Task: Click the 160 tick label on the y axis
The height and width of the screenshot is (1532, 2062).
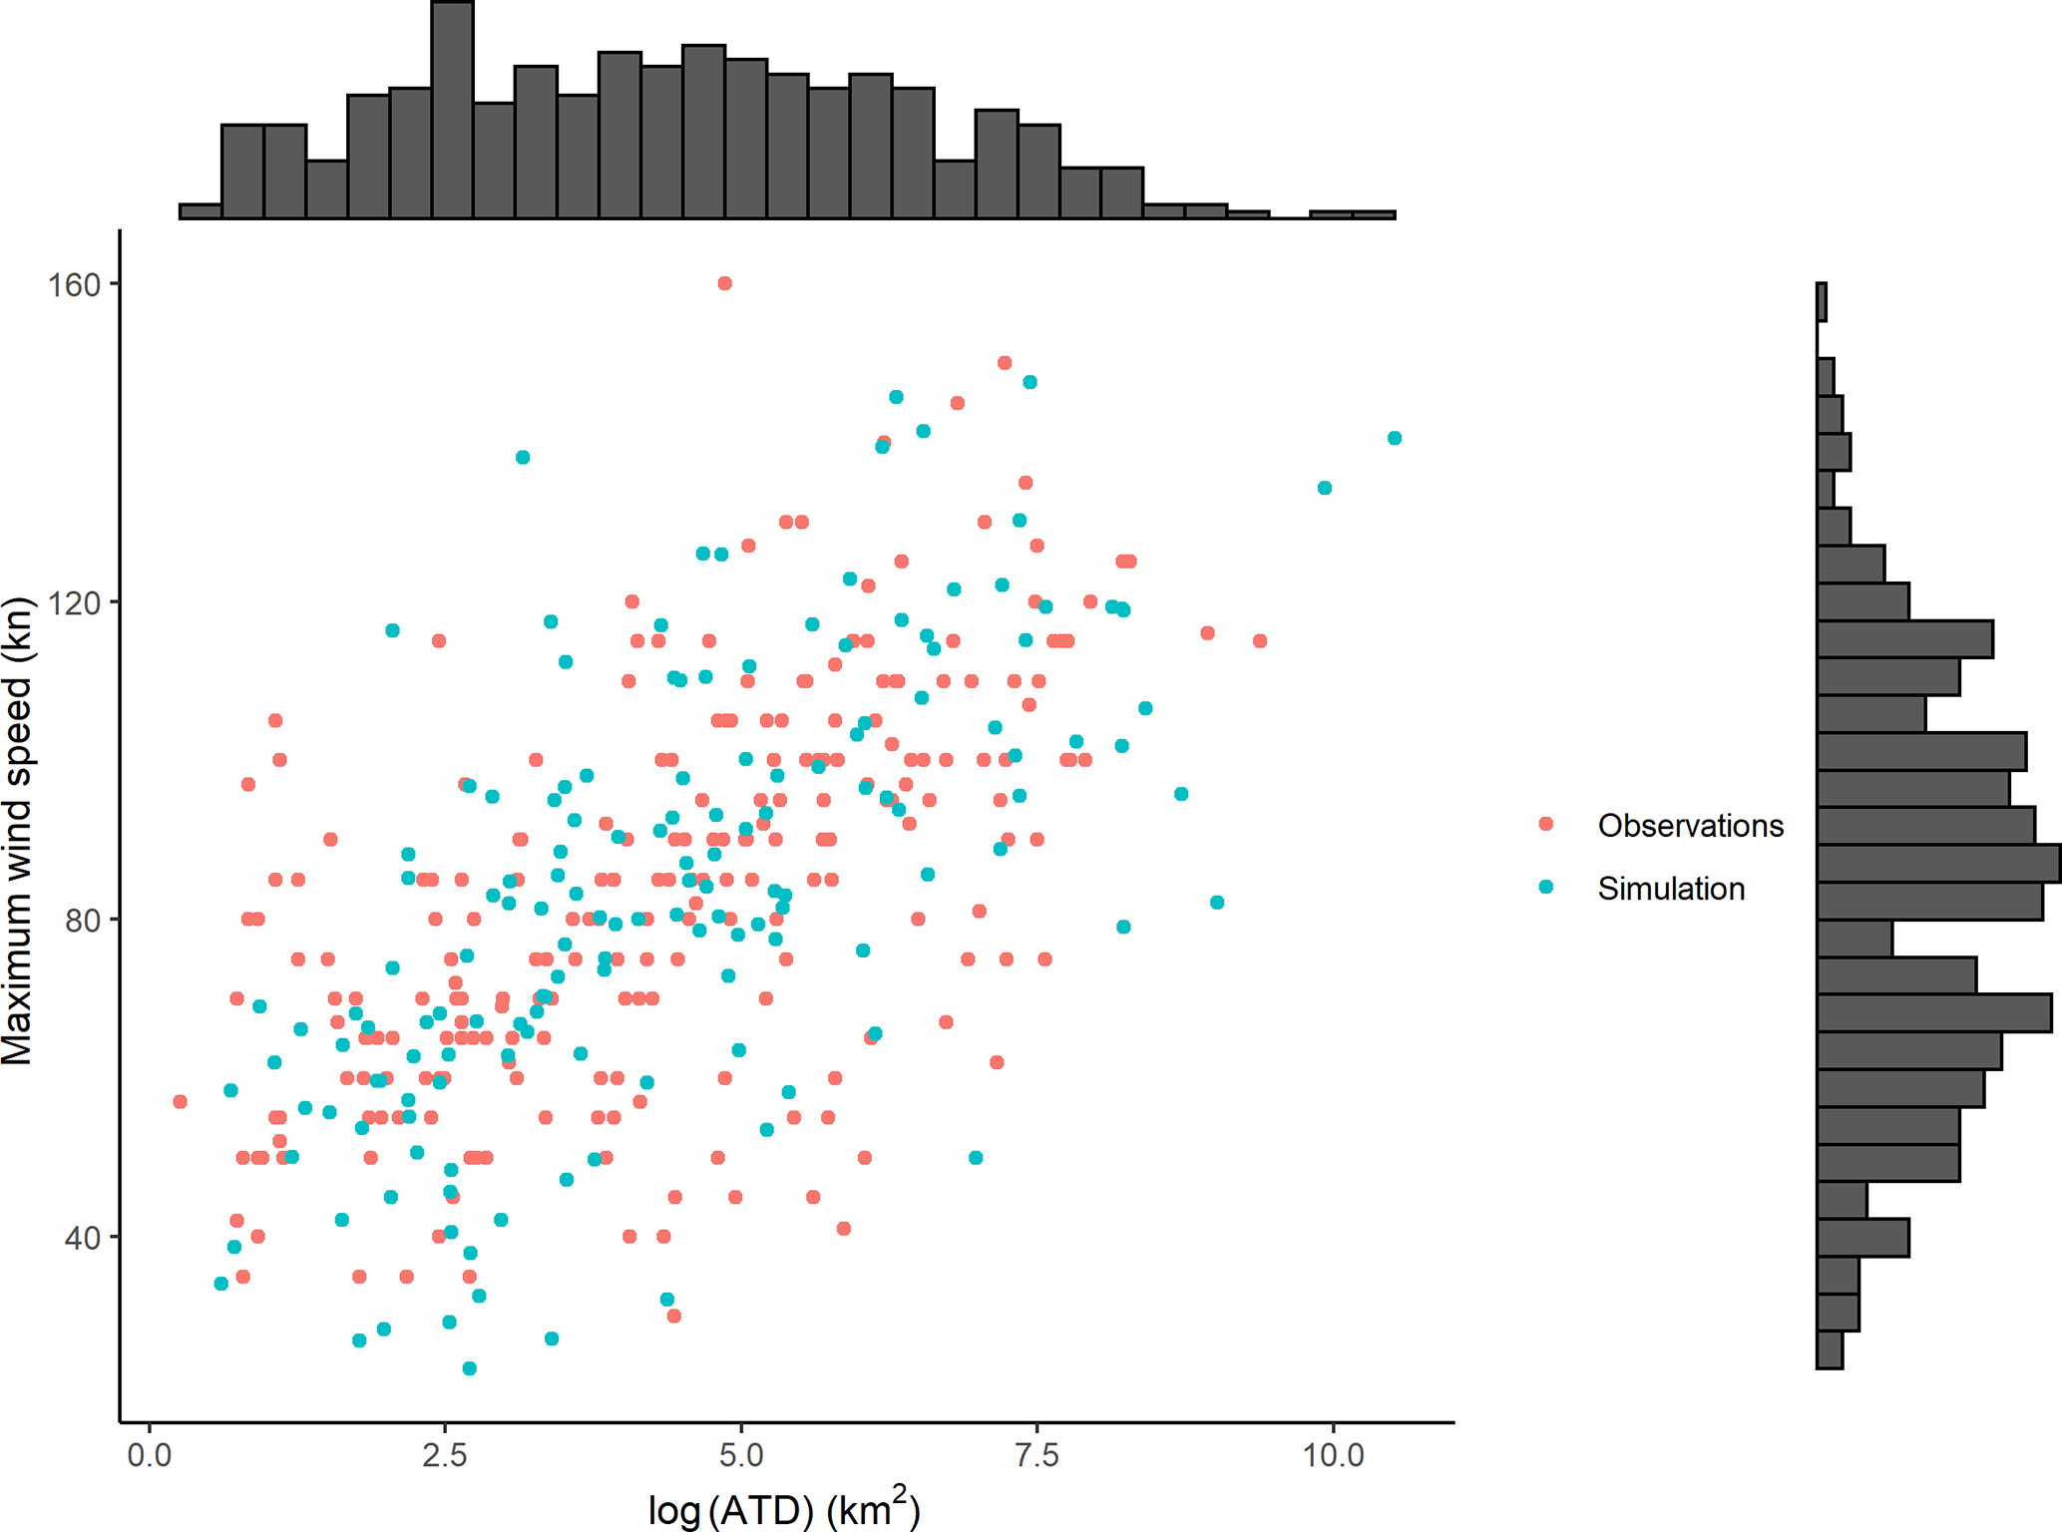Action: (75, 285)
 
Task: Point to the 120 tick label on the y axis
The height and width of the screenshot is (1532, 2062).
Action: (75, 603)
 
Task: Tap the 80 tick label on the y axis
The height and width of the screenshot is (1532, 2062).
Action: (84, 921)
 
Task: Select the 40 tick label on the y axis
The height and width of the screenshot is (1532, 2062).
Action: (84, 1239)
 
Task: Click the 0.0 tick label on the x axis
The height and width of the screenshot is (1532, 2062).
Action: (150, 1456)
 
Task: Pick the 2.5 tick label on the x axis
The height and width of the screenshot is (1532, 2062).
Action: (445, 1456)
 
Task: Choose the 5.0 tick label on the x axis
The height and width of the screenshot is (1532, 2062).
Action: (741, 1456)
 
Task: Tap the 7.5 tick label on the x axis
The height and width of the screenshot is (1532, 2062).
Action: (1037, 1456)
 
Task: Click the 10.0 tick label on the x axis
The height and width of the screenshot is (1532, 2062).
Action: (1334, 1456)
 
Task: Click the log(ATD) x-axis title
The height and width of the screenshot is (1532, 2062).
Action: (784, 1508)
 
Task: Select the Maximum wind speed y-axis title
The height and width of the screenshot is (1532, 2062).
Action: (18, 831)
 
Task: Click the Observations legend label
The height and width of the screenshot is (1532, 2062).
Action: (1690, 826)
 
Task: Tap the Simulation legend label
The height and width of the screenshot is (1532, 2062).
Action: (1671, 889)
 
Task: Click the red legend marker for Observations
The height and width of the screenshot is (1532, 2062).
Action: (1546, 824)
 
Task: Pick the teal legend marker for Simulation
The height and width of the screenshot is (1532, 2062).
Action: (1546, 887)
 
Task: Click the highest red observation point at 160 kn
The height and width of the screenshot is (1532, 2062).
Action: (725, 283)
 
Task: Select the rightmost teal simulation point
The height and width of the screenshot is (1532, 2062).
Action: (1395, 438)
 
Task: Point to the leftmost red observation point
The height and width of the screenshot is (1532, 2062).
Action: (180, 1102)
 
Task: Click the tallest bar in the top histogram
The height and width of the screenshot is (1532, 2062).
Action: (452, 110)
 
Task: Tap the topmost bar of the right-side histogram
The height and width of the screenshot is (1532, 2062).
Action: (1822, 302)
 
